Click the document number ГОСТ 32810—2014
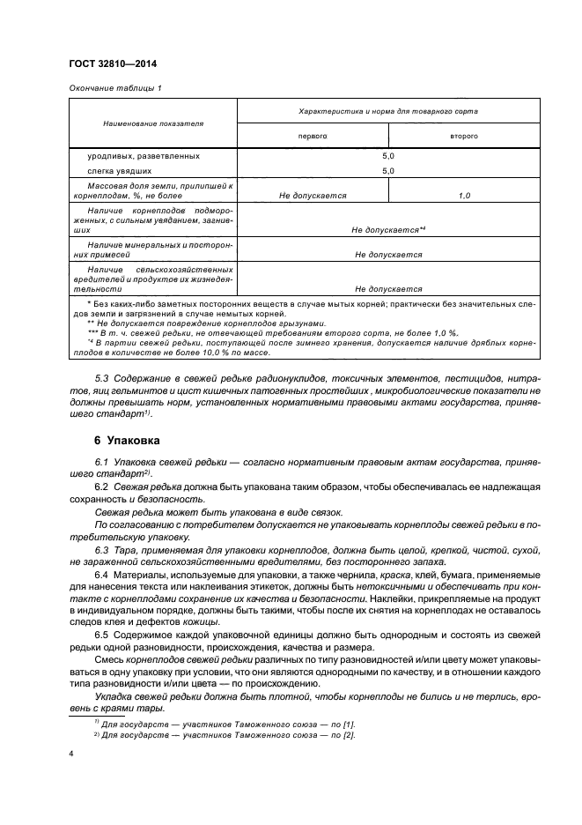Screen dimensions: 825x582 tap(105, 63)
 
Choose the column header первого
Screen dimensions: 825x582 tap(312, 137)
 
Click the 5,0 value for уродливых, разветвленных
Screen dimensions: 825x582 tap(388, 155)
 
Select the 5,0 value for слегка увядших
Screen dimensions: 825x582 tap(388, 170)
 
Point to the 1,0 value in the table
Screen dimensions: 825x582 tap(465, 196)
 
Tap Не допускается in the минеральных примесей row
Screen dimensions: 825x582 tap(388, 255)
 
